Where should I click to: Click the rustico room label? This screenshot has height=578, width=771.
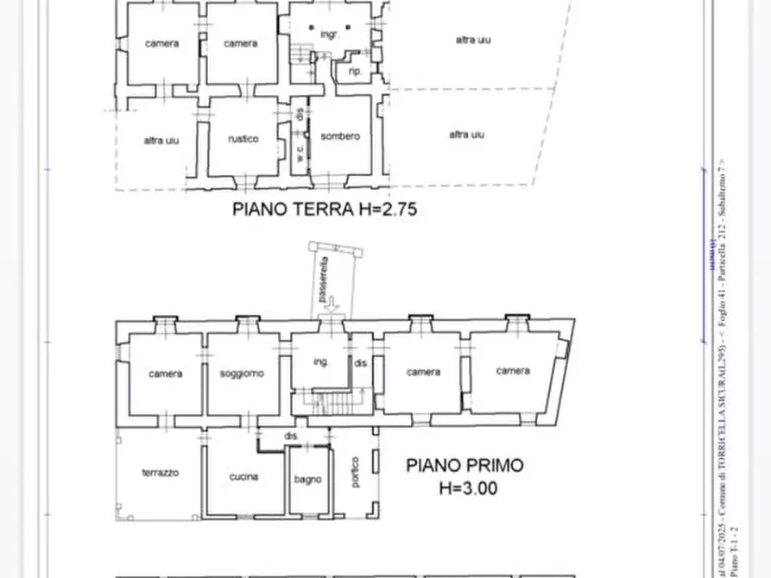click(x=243, y=138)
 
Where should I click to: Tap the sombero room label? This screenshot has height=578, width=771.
click(x=339, y=136)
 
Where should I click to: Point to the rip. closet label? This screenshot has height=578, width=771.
click(x=354, y=72)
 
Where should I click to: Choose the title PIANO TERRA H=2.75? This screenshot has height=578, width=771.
click(x=325, y=208)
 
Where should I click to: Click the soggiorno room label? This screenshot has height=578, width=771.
click(x=241, y=374)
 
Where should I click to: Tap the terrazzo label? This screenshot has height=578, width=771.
click(x=160, y=473)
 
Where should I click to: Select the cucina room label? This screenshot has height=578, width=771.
click(x=243, y=477)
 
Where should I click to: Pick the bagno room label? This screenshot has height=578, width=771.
click(x=307, y=480)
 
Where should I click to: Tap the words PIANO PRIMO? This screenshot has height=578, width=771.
click(x=464, y=466)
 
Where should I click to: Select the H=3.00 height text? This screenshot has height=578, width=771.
click(x=467, y=487)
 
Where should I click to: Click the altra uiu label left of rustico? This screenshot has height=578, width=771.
click(x=161, y=140)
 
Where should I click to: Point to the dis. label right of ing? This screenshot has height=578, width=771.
click(x=360, y=363)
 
